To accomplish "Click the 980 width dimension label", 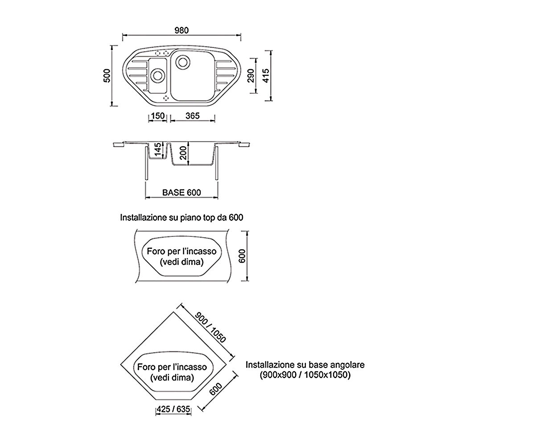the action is [x=181, y=30].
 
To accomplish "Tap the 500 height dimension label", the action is [x=107, y=76].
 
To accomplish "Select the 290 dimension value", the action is [x=251, y=76].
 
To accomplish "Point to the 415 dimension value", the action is [x=266, y=76].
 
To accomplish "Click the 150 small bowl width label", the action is [x=157, y=116].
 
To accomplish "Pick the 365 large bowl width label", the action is [x=193, y=116].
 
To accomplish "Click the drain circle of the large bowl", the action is [x=183, y=62].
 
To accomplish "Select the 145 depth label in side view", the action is [x=158, y=149].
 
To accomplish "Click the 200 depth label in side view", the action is [x=183, y=153].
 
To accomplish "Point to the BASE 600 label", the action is [x=181, y=193].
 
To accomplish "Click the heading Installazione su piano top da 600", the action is [x=181, y=218].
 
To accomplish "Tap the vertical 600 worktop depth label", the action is [x=242, y=256].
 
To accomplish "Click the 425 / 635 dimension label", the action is [x=173, y=409].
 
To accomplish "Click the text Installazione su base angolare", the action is [x=305, y=365].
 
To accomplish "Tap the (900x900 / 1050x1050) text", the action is [x=305, y=375].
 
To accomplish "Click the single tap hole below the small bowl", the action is [x=166, y=98].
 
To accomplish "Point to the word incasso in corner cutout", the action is [x=190, y=368].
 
